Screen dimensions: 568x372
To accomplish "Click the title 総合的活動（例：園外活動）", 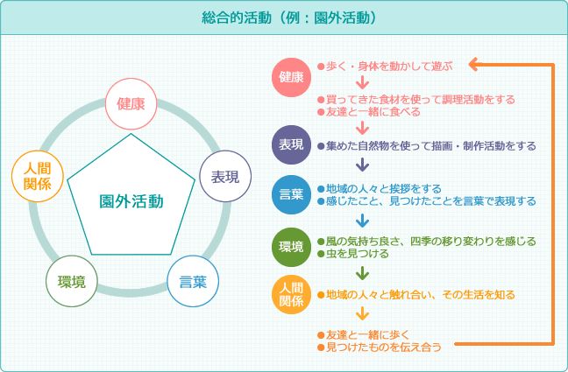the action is pos(289,18).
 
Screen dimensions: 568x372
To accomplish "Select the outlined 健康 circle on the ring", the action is pos(131,104).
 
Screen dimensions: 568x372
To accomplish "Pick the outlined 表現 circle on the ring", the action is pos(225,177).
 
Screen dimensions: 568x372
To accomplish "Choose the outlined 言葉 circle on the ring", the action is pos(193,282).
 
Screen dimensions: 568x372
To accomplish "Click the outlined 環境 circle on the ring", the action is pos(72,282).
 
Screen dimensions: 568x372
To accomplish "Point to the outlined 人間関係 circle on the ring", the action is pos(38,176).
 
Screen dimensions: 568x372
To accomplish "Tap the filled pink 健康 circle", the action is pos(292,77).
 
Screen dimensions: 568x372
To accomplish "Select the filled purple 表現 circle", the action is pos(292,144).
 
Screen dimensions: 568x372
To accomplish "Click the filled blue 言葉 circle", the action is pos(292,194).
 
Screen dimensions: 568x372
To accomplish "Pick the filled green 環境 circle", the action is pos(292,247).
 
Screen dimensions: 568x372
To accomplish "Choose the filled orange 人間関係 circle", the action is pos(292,295).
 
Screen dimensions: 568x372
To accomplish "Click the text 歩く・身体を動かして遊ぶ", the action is pos(389,67).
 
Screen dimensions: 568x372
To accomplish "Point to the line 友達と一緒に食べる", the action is pos(373,112).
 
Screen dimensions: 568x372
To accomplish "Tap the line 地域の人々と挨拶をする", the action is pos(384,189).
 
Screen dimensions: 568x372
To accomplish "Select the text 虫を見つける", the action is pos(357,254).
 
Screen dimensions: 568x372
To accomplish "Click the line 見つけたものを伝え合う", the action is pos(384,347).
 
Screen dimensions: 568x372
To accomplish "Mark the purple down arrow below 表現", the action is pos(362,165).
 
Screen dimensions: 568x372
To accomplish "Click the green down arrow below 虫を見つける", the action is pos(362,274).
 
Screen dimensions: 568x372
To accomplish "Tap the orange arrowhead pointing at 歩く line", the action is pos(474,65).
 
